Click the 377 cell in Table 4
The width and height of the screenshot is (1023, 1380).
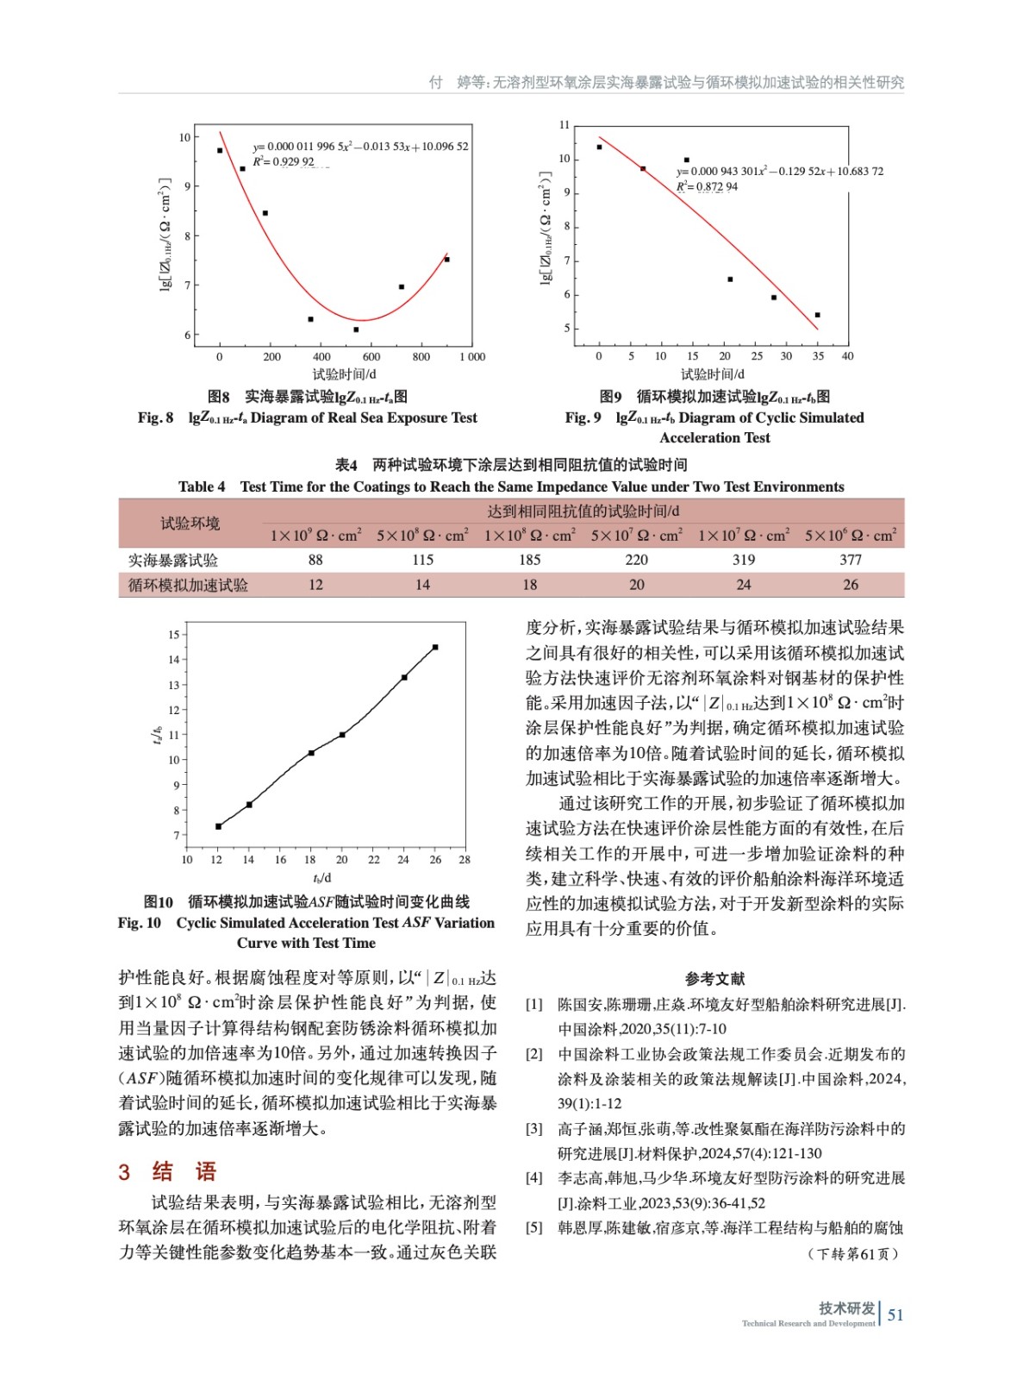850,560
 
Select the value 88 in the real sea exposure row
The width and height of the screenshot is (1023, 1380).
315,560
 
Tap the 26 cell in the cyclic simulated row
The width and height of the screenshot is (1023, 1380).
850,585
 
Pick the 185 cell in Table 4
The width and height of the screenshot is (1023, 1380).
529,560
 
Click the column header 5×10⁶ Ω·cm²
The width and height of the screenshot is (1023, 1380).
850,536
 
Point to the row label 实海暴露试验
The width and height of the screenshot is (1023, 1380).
173,561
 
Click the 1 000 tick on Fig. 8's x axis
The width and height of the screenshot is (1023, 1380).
471,357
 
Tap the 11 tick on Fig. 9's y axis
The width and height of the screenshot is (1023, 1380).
565,125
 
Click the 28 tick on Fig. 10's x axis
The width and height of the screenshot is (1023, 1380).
465,860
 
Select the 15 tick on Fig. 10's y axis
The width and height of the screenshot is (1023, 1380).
174,635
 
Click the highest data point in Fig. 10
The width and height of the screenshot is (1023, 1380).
435,647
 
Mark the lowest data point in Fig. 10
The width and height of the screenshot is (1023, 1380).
218,826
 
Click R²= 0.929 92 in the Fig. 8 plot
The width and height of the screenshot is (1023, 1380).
284,162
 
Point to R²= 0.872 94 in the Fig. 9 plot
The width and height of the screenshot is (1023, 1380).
707,186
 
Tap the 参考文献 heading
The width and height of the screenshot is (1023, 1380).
714,978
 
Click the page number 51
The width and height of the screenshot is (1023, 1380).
895,1314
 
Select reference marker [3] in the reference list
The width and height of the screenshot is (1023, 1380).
534,1128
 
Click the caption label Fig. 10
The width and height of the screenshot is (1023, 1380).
140,923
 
